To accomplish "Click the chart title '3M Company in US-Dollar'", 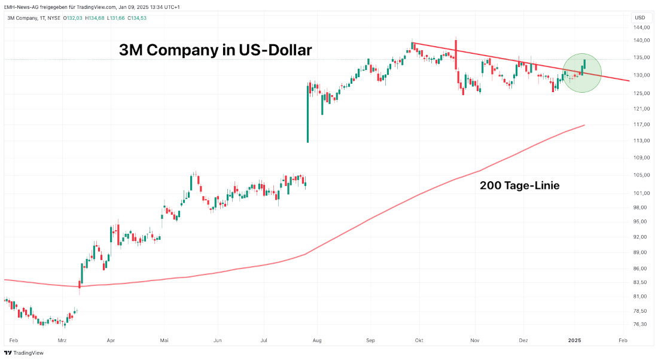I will click(215, 50).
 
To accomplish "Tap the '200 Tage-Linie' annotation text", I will click(519, 186).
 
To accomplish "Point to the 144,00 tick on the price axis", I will click(641, 28).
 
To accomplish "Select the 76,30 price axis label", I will click(641, 325).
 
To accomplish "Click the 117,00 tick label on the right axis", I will click(641, 124).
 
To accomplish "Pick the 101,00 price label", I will click(641, 193).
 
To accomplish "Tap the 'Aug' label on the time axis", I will click(317, 340).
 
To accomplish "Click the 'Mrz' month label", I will click(62, 340).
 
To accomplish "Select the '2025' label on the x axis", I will click(574, 340).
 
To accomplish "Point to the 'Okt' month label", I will click(419, 340).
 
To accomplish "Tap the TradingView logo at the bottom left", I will click(24, 353).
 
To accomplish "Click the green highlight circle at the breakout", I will click(583, 73).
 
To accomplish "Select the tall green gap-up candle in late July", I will click(307, 114).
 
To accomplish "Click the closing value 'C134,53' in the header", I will click(136, 18).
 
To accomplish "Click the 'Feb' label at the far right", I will click(623, 340).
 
